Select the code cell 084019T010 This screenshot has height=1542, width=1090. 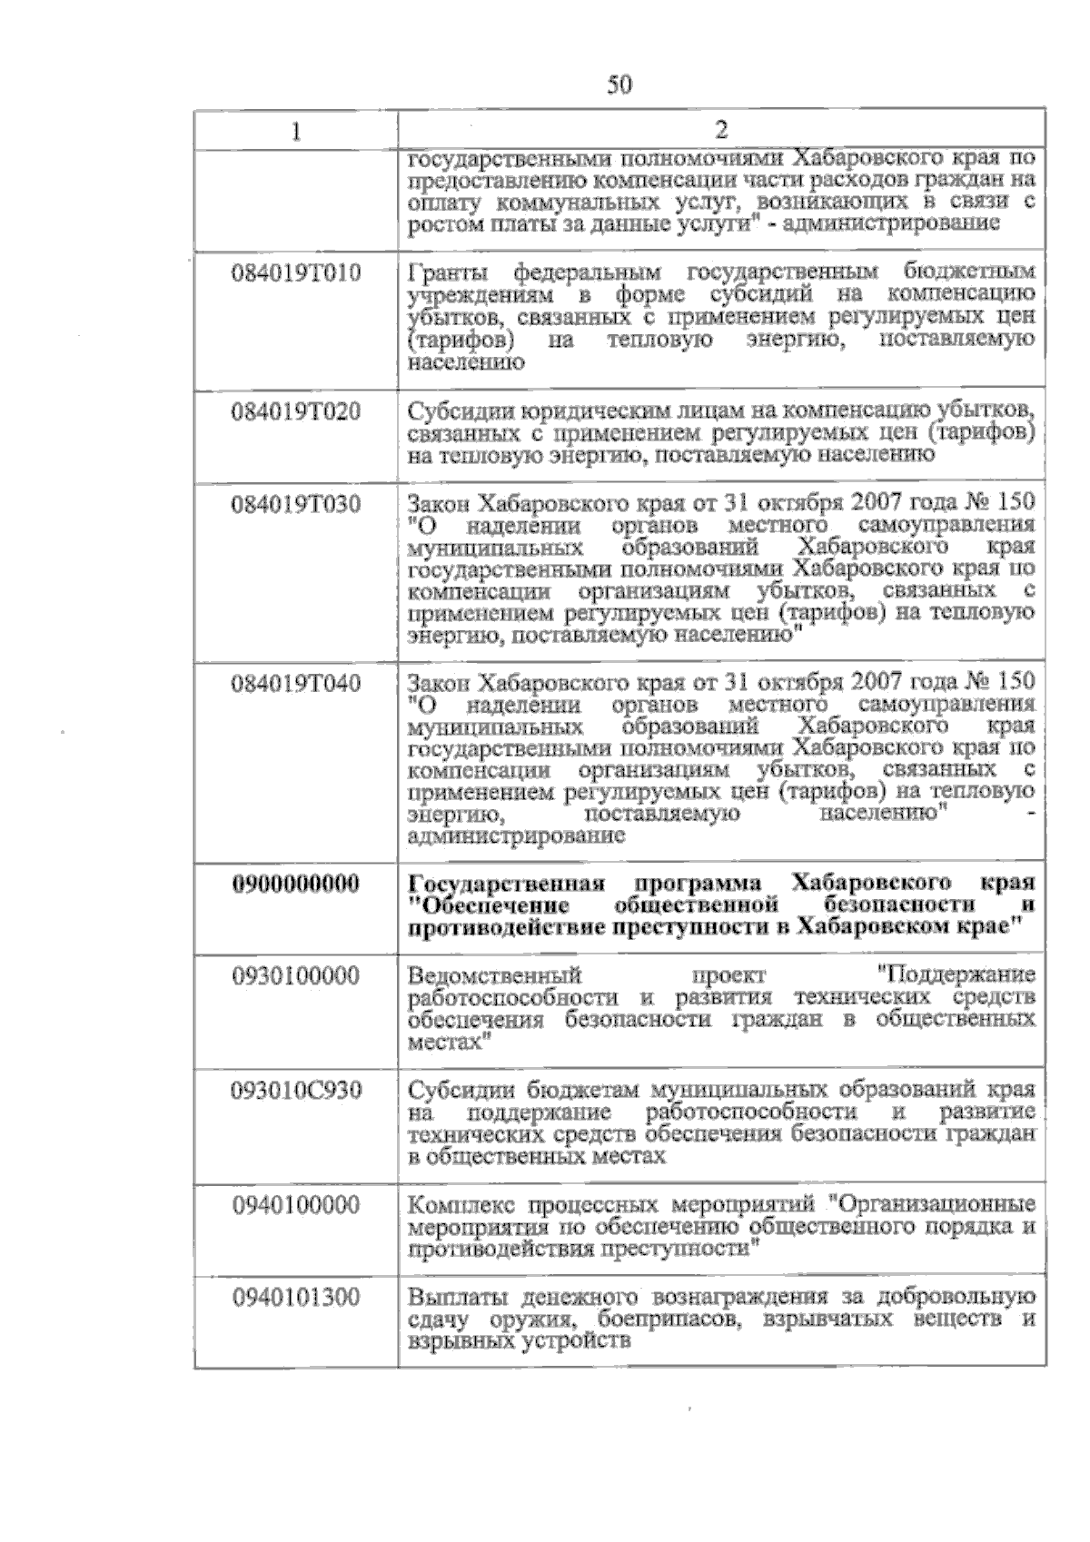[296, 272]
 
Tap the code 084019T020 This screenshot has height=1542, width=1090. [296, 411]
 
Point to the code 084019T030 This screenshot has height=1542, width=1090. [296, 503]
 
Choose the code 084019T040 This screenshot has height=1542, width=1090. [296, 682]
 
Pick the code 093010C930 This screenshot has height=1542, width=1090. [296, 1090]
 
